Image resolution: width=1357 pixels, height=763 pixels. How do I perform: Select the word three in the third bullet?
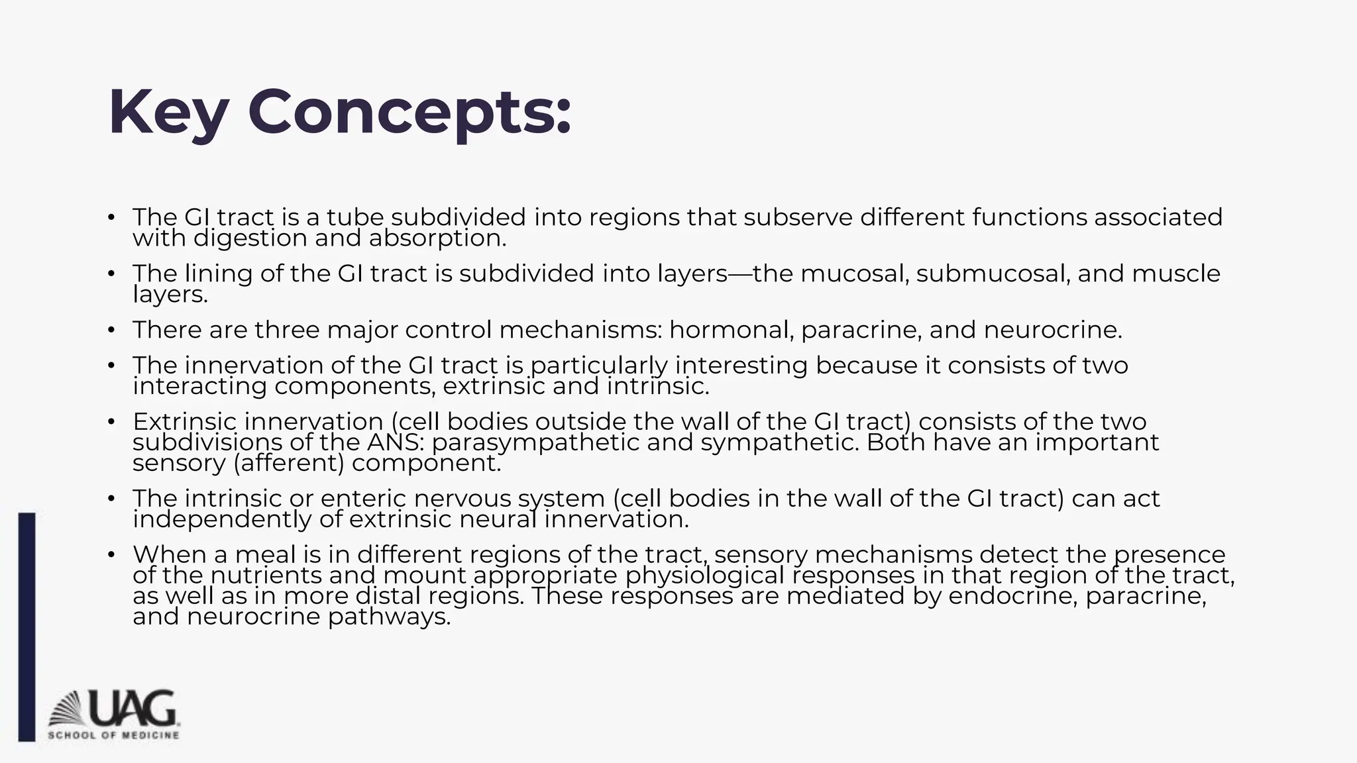click(x=287, y=330)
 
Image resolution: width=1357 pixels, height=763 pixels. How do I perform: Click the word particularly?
click(x=599, y=366)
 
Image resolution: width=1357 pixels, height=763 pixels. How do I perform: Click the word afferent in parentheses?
click(x=289, y=463)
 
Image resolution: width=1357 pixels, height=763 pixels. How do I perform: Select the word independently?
click(x=222, y=519)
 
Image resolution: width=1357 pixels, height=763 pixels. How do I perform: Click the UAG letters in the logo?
click(x=133, y=708)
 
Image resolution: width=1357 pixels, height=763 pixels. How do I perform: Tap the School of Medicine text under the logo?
click(x=113, y=735)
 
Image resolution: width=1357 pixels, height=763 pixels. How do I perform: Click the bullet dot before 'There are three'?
click(x=112, y=330)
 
